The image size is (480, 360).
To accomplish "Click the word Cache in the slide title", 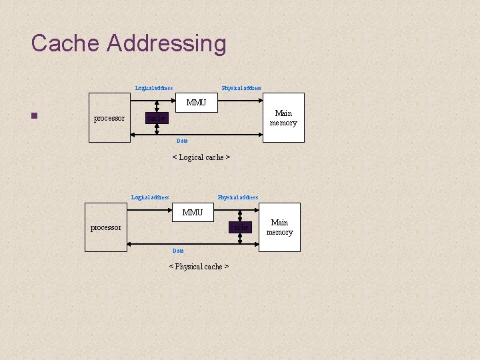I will click(x=65, y=44).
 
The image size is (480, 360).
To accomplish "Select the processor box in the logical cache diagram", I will click(x=109, y=118).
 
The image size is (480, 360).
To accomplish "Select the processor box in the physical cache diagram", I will click(x=106, y=227).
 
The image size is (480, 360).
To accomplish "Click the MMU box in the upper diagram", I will click(x=197, y=103).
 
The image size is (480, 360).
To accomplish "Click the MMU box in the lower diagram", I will click(x=193, y=213).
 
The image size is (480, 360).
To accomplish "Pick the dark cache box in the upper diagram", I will click(x=157, y=118).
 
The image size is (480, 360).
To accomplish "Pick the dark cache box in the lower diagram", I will click(x=239, y=227).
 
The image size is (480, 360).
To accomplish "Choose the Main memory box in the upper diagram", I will click(x=283, y=118).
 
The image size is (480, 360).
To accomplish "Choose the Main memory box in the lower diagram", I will click(x=279, y=227).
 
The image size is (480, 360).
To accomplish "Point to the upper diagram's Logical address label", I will click(x=154, y=88).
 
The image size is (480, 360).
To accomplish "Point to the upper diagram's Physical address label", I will click(x=241, y=88).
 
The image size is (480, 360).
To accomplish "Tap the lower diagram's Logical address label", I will click(x=150, y=197).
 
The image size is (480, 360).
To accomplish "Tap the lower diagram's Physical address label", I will click(x=238, y=197).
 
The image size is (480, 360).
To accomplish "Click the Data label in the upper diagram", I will click(x=182, y=141).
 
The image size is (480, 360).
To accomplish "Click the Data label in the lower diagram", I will click(x=178, y=251).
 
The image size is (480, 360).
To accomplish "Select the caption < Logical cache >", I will click(x=201, y=157).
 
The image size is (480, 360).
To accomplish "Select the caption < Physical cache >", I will click(x=199, y=267).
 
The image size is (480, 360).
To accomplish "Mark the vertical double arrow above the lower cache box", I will click(x=239, y=213).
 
